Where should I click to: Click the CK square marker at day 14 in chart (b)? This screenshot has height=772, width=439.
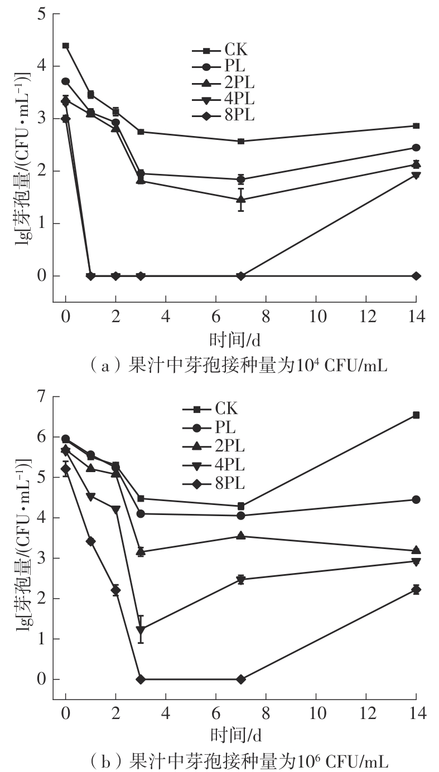pos(416,415)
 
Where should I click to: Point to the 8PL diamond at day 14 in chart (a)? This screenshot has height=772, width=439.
pos(416,276)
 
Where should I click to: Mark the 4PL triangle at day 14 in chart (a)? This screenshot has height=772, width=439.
pos(416,176)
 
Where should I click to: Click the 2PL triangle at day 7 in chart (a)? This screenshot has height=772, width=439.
pos(241,199)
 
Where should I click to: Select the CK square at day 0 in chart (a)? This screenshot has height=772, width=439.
pos(66,46)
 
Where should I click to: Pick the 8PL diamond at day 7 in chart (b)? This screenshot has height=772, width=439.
pos(241,679)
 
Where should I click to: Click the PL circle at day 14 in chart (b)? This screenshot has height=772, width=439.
pos(416,499)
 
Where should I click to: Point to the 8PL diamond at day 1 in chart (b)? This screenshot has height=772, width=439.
pos(91,541)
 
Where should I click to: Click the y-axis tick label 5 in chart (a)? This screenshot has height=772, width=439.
pos(41,14)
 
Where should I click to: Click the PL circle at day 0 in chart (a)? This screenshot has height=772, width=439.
pos(66,81)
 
